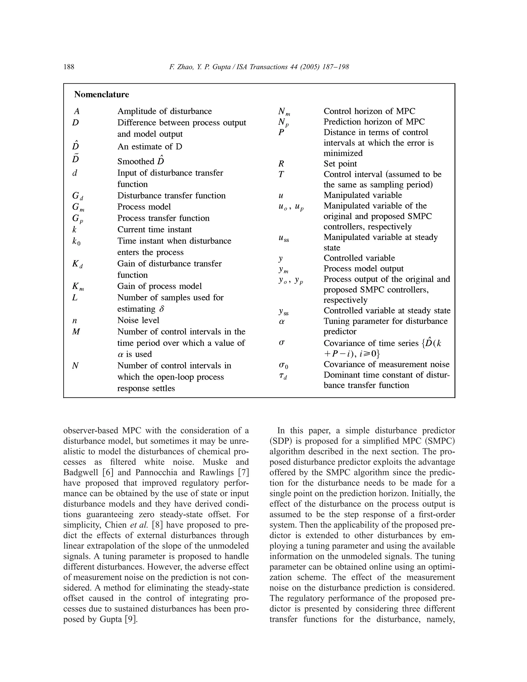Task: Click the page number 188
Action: (69, 67)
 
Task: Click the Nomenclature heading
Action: (101, 94)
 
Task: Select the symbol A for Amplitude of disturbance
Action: (76, 111)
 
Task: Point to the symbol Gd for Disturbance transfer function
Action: (77, 196)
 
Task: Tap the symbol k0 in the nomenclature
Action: (76, 241)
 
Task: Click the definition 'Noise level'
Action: (138, 320)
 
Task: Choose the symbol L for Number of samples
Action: (75, 298)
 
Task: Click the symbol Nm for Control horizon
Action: (284, 112)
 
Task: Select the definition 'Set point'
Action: (340, 164)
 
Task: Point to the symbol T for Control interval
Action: (281, 174)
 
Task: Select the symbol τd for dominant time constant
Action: (283, 376)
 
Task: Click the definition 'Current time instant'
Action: (154, 230)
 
